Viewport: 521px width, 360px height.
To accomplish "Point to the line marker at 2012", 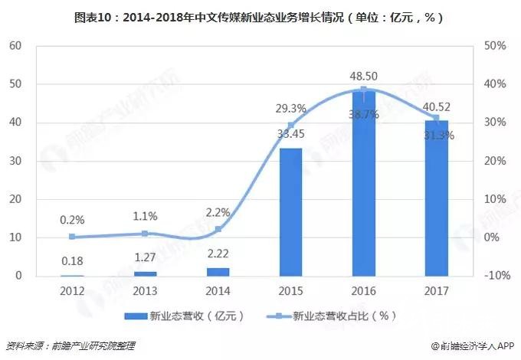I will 72,237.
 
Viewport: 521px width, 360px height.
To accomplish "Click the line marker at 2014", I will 218,229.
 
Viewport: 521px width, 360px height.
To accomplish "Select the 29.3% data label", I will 290,109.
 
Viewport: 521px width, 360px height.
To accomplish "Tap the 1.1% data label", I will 146,217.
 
